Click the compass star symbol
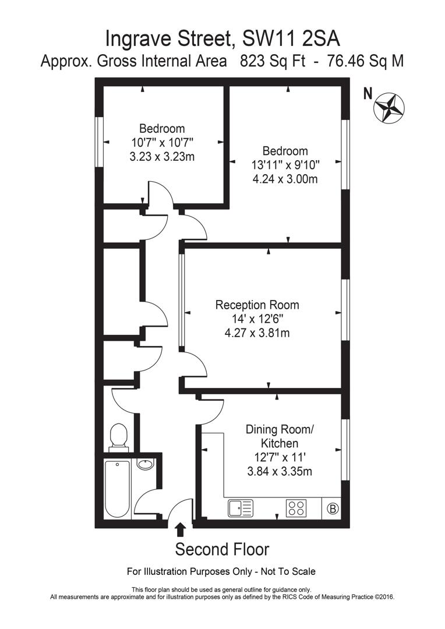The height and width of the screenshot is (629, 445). (x=389, y=107)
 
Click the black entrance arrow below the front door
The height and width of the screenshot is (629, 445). (x=181, y=529)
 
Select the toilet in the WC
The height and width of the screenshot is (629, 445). (x=119, y=436)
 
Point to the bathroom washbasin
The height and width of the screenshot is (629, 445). (x=145, y=464)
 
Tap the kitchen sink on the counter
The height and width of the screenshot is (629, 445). (x=241, y=508)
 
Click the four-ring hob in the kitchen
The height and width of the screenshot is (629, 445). (x=296, y=508)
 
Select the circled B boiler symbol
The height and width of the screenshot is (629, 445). (x=334, y=508)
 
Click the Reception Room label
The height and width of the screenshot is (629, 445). (x=257, y=305)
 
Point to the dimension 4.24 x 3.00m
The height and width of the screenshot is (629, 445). (x=285, y=179)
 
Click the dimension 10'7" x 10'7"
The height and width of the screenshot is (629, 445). (x=162, y=142)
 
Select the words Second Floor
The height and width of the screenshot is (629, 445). (x=223, y=549)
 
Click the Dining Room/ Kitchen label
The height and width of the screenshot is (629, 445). (x=279, y=437)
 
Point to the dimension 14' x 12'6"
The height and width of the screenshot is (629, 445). (x=257, y=319)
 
